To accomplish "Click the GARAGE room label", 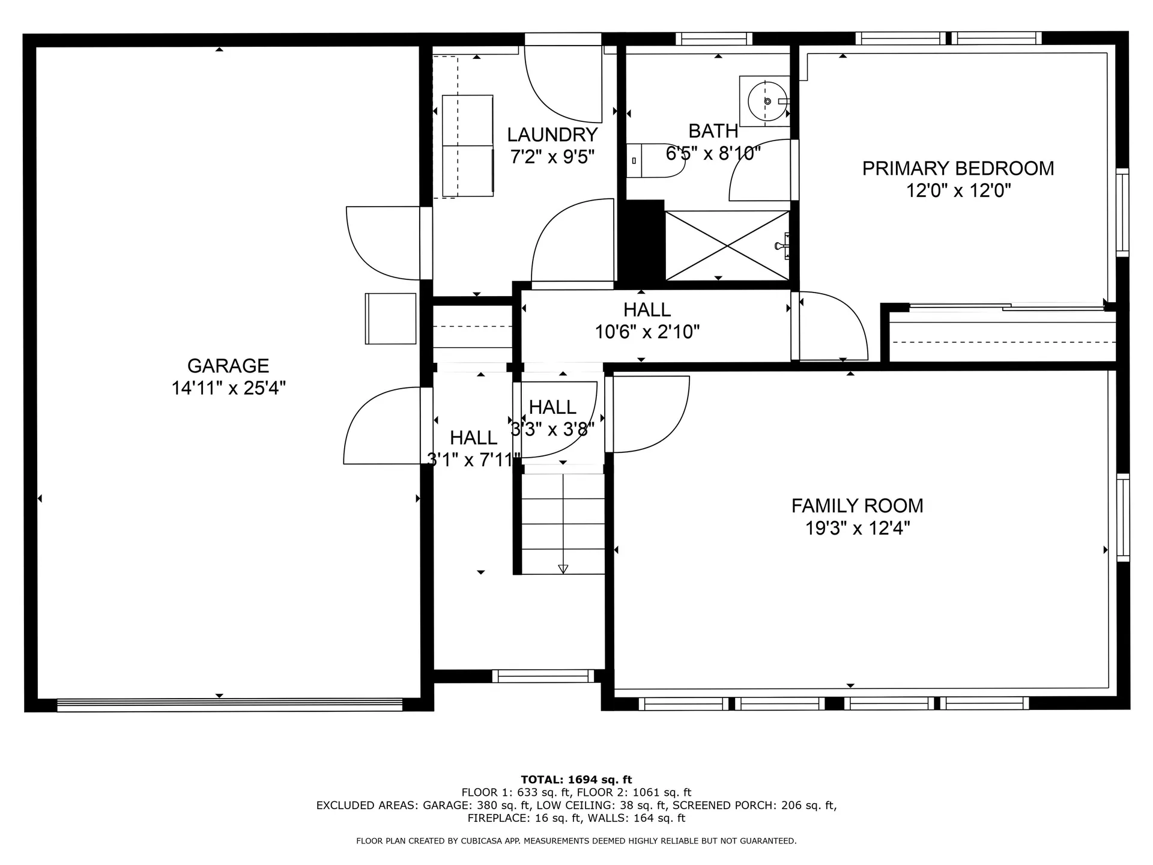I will (228, 366).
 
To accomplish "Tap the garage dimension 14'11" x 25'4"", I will (228, 388).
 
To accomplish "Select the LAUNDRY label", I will (552, 135).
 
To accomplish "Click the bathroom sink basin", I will (767, 101).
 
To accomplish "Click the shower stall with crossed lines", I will (727, 245).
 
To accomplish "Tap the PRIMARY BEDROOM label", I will (958, 168).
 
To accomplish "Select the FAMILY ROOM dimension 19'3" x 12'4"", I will (857, 528).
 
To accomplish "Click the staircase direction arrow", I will (563, 568).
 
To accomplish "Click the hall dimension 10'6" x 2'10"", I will (647, 332).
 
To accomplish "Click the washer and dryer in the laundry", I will (468, 145).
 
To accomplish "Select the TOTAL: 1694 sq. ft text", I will (576, 780).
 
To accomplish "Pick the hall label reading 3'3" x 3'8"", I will (552, 429).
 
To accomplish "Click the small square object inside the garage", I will (390, 318).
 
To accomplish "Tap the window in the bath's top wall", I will (713, 39).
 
